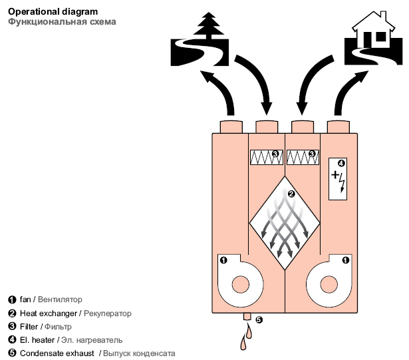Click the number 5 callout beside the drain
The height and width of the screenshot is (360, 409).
[259, 319]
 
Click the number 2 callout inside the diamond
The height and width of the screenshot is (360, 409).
[290, 194]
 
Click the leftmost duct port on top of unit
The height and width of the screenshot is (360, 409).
[230, 126]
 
